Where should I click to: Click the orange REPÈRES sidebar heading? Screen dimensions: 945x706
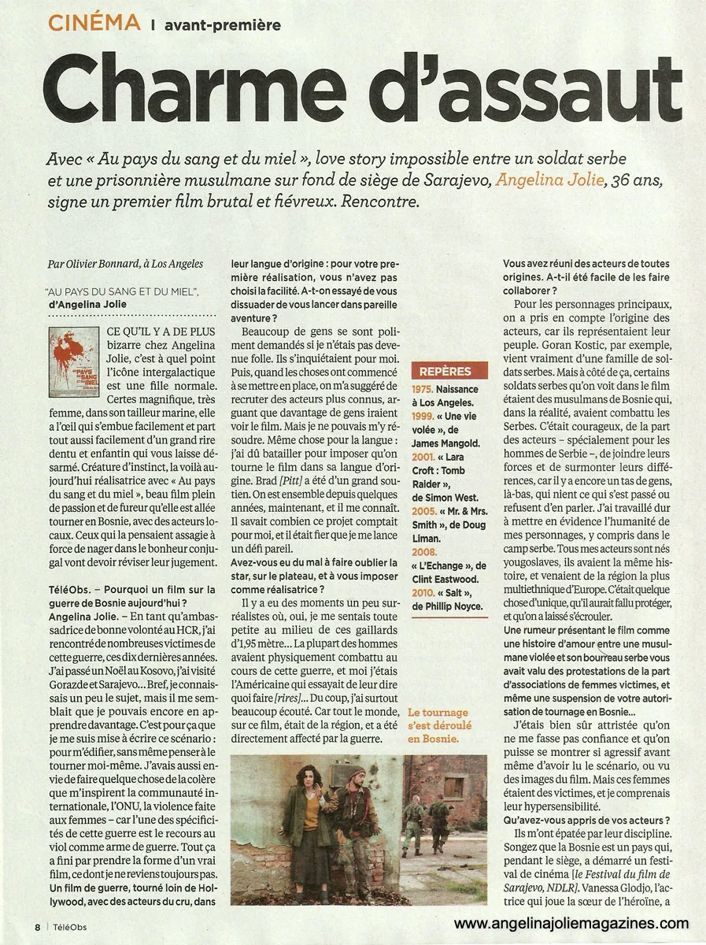point(445,371)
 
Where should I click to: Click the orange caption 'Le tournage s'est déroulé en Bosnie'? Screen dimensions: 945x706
point(438,726)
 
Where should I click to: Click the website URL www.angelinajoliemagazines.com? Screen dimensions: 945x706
point(571,924)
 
